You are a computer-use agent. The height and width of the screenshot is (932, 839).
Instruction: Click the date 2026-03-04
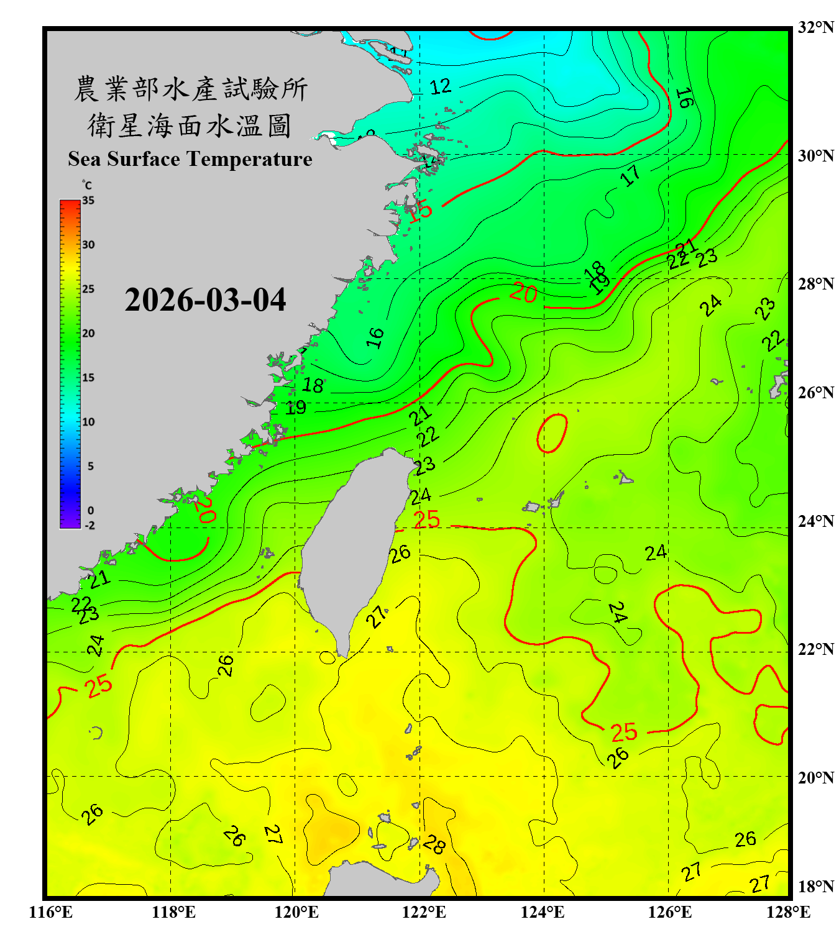pos(205,300)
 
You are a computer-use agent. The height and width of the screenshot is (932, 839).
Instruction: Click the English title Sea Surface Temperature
pos(190,159)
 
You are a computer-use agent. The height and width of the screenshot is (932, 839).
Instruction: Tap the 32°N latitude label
pos(815,27)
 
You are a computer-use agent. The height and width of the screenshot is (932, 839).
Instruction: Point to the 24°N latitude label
pos(815,521)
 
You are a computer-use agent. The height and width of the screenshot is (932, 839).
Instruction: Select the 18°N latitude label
pos(815,887)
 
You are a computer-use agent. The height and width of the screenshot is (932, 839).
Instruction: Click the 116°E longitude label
pos(51,912)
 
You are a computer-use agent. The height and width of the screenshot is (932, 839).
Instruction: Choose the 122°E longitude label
pos(424,912)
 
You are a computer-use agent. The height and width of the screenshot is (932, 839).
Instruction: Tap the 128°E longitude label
pos(788,912)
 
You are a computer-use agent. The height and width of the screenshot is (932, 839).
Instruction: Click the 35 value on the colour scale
pos(88,201)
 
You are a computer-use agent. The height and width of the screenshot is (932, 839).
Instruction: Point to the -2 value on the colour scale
pos(89,525)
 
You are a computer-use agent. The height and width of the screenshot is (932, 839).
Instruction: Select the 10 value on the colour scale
pos(88,422)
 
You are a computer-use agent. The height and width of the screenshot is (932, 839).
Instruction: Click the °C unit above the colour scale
pos(87,185)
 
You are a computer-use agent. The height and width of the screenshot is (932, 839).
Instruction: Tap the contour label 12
pos(440,86)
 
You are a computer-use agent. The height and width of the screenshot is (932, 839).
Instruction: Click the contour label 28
pos(434,844)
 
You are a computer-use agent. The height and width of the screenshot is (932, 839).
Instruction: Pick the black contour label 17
pos(630,176)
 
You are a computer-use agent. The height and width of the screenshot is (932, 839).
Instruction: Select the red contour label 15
pos(421,210)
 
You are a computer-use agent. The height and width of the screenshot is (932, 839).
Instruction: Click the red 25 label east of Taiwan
pos(426,519)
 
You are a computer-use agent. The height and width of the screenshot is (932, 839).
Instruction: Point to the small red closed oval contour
pos(552,433)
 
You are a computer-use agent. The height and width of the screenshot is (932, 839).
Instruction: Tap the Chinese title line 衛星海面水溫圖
pos(190,126)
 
